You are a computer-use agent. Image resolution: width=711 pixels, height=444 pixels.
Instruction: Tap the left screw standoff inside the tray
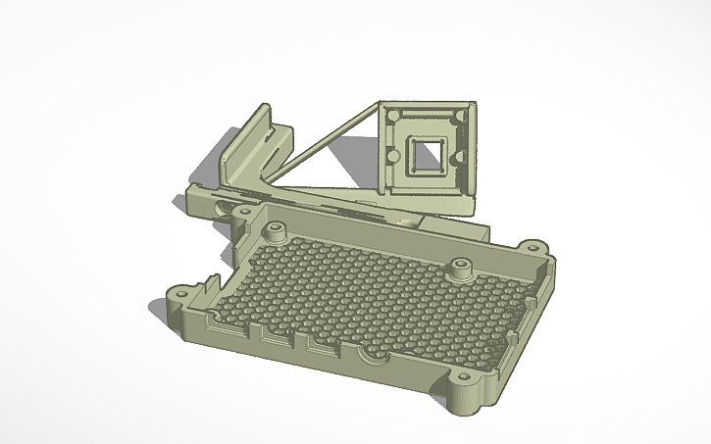(x=274, y=232)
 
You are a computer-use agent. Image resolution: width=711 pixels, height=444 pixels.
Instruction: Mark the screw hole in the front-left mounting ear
(x=180, y=295)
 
